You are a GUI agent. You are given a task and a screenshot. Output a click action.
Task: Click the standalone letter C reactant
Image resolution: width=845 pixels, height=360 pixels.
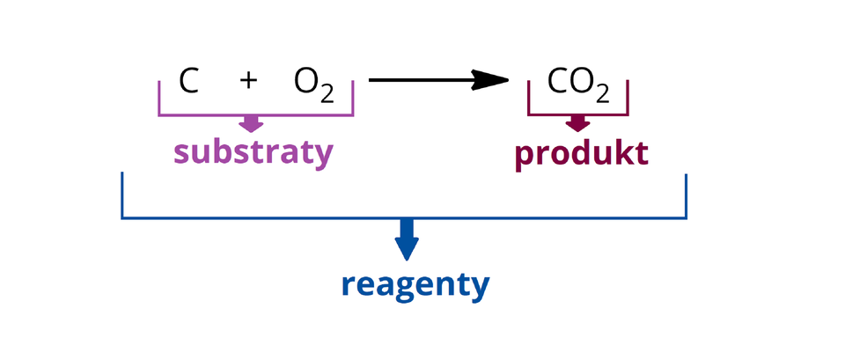(x=188, y=81)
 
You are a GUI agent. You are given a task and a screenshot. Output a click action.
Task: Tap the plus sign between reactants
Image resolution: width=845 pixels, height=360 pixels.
(x=248, y=81)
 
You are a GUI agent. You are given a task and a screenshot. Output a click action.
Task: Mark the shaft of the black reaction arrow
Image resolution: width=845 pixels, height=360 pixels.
(x=422, y=81)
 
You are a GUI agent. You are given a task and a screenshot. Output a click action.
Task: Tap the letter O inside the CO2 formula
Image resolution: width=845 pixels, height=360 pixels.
(x=580, y=81)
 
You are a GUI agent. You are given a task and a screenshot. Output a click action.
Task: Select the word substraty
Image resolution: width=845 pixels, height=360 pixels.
(x=253, y=152)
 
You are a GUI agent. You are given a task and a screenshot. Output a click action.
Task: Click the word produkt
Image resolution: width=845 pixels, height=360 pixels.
(x=581, y=153)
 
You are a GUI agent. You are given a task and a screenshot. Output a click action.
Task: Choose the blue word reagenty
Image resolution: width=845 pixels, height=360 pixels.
(x=415, y=285)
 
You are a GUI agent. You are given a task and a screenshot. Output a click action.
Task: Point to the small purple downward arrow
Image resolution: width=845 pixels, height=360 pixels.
(x=252, y=124)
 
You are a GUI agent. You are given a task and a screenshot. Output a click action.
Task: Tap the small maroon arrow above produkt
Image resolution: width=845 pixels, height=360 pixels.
(x=577, y=122)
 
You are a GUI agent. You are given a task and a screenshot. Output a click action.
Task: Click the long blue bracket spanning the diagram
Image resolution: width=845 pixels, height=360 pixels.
(x=264, y=217)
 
